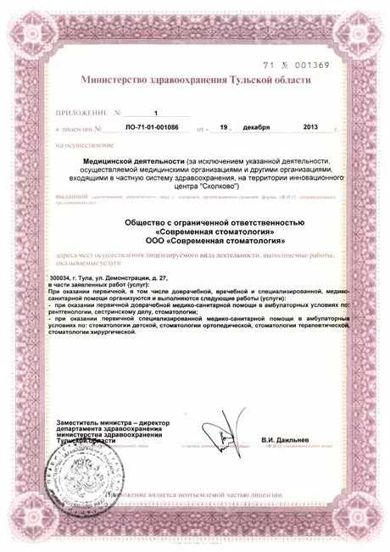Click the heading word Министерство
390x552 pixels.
coord(117,80)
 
